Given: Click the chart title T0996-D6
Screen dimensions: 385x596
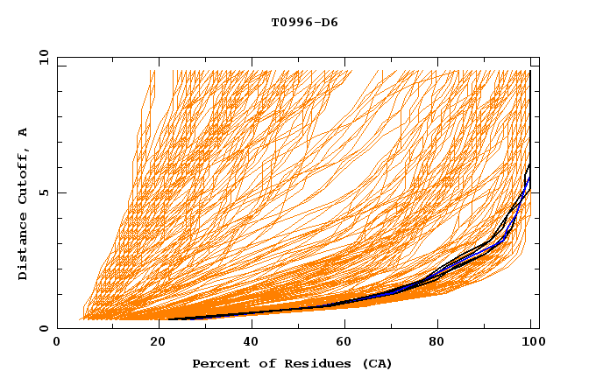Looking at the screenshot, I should [304, 23].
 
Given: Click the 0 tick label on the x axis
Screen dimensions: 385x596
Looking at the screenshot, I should [57, 342].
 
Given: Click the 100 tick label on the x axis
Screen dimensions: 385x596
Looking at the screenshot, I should [530, 342].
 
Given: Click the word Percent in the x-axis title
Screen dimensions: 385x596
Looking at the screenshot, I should [219, 363].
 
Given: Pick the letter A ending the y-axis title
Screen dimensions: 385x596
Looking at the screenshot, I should [24, 132].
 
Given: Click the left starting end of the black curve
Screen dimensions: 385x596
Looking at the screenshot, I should [168, 319].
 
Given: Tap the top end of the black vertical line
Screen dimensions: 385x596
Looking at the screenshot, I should [530, 72].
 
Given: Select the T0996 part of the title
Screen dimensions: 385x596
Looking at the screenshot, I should [291, 23].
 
